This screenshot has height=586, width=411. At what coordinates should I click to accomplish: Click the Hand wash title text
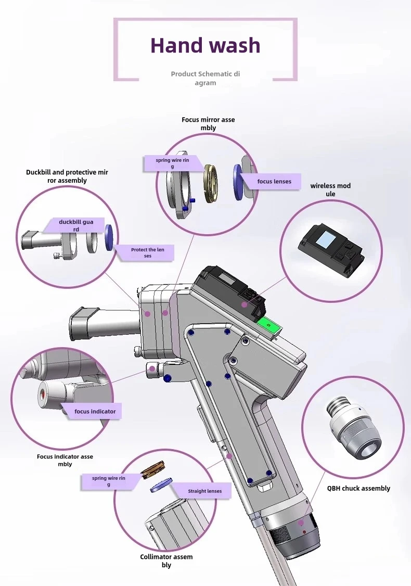pos(205,46)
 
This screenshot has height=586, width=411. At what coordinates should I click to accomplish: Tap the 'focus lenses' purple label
pos(274,182)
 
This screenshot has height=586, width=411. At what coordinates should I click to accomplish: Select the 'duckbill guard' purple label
pos(76,225)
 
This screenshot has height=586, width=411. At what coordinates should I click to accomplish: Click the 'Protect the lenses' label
pos(147,253)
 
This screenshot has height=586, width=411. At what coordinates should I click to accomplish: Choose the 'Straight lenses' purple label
pos(204,491)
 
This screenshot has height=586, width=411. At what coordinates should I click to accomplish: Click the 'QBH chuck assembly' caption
pos(358,488)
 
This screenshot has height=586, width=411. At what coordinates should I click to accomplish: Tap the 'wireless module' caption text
pos(330,189)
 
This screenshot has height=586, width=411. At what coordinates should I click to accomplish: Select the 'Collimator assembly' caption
pos(166,560)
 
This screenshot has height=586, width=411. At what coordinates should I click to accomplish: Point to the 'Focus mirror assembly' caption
pos(208,123)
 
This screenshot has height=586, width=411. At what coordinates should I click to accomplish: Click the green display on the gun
pos(268,327)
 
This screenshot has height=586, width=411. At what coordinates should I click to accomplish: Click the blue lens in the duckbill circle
pos(109,238)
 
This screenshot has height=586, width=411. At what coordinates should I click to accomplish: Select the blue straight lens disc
pos(161,485)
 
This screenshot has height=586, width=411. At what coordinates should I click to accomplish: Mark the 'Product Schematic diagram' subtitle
pos(205,78)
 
